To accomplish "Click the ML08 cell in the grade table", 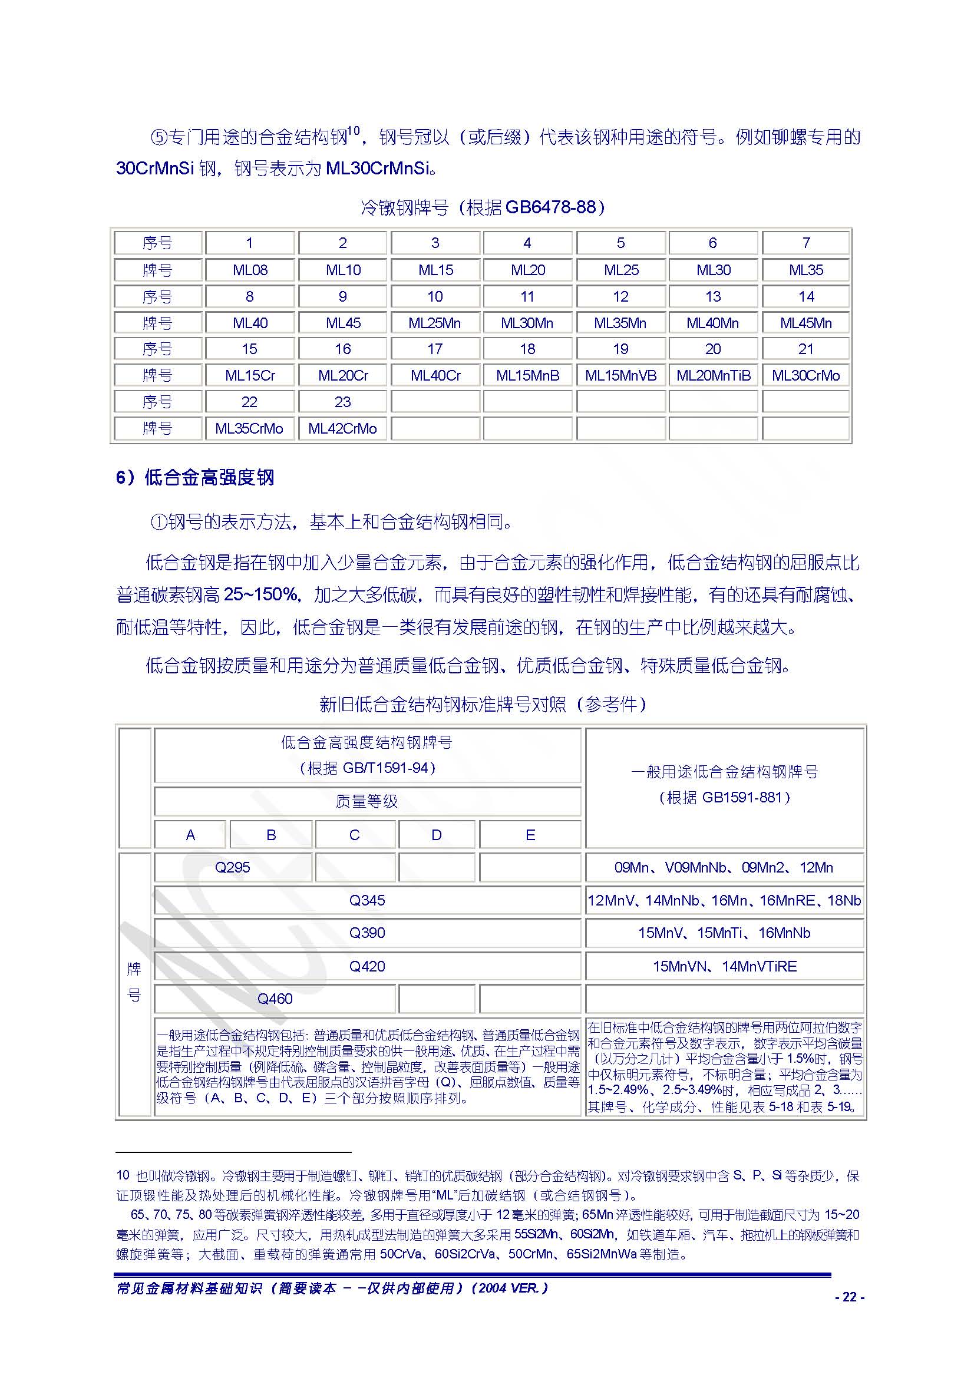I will click(x=250, y=270).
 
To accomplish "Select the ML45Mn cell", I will click(x=805, y=323).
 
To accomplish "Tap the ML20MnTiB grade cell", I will click(x=713, y=375).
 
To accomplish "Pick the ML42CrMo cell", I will click(x=342, y=428).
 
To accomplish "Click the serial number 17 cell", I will click(x=435, y=349).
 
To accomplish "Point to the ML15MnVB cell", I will click(x=620, y=375).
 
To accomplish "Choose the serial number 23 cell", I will click(x=342, y=402).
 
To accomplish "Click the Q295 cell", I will click(x=232, y=867).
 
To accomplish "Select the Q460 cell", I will click(x=275, y=999).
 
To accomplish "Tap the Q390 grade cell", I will click(x=367, y=933).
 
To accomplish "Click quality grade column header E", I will click(x=530, y=835).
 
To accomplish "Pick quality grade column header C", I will click(x=355, y=835).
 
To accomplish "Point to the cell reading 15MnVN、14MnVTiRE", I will click(x=724, y=966).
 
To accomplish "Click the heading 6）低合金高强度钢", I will click(x=195, y=478).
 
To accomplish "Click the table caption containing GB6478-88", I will click(x=483, y=207).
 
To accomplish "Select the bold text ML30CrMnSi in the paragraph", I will click(x=378, y=168).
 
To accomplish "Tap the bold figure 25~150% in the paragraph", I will click(x=260, y=594).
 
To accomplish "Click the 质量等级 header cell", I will click(x=367, y=801).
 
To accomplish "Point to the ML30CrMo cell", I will click(x=805, y=375).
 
